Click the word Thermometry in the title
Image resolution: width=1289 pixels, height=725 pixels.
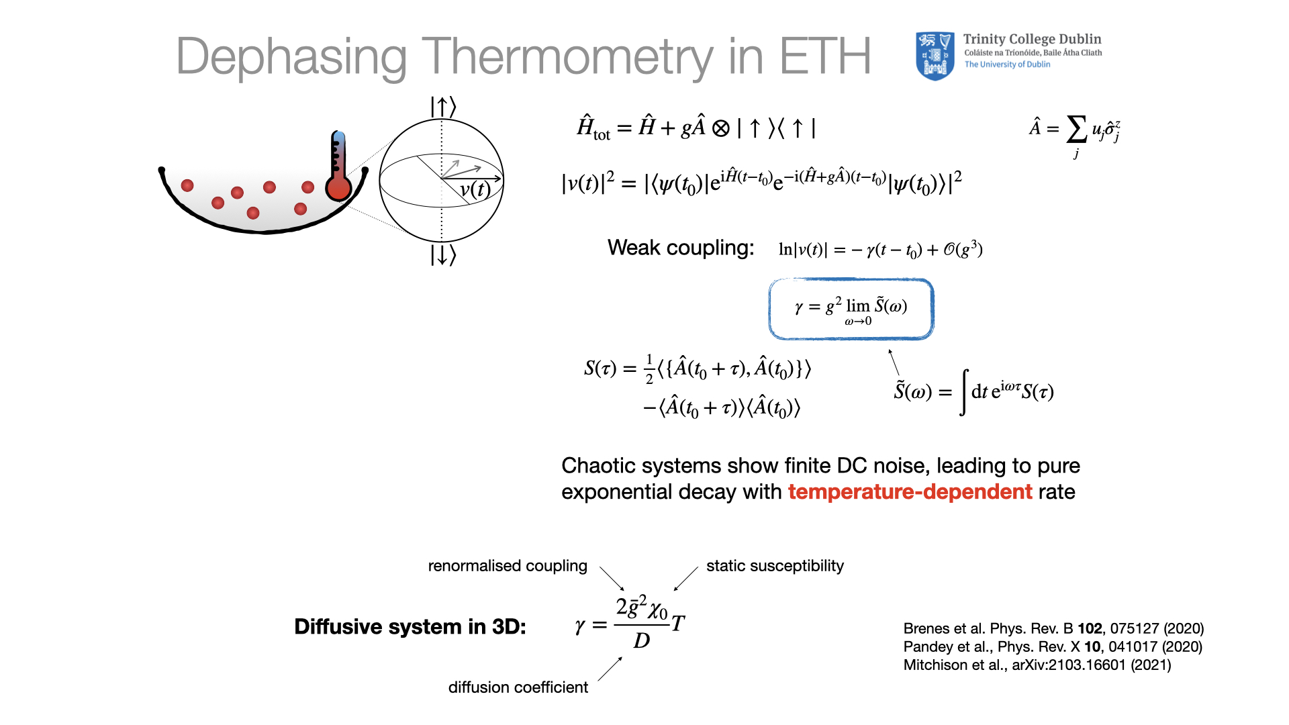[x=567, y=57]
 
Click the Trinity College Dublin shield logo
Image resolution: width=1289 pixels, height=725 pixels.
[x=935, y=56]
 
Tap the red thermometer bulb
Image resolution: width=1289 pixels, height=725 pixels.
[x=339, y=188]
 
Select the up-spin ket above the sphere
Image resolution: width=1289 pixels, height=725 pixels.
[x=443, y=107]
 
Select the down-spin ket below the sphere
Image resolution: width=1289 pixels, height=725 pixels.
[x=443, y=255]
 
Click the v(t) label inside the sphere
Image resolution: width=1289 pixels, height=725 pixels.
[x=475, y=189]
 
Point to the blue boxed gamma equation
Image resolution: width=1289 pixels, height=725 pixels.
[x=851, y=309]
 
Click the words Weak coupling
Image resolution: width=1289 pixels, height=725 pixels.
[x=681, y=248]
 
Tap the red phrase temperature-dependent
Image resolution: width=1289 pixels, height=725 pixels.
[x=910, y=492]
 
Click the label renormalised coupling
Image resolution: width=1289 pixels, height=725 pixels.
[x=508, y=566]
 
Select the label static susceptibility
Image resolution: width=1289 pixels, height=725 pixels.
[x=775, y=566]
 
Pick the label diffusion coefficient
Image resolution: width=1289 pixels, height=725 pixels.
[x=518, y=687]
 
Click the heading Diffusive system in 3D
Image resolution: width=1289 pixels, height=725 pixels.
[x=410, y=626]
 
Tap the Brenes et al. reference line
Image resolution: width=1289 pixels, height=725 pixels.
[x=1053, y=628]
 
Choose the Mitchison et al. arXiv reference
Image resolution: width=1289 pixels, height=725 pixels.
[x=1037, y=665]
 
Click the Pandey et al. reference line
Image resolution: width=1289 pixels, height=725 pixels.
[x=1053, y=646]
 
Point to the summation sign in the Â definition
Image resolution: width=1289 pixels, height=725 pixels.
[x=1076, y=129]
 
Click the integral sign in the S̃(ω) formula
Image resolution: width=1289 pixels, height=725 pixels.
[x=964, y=392]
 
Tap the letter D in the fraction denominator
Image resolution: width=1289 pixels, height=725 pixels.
[x=642, y=641]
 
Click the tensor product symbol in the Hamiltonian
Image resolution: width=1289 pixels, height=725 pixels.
[x=720, y=128]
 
